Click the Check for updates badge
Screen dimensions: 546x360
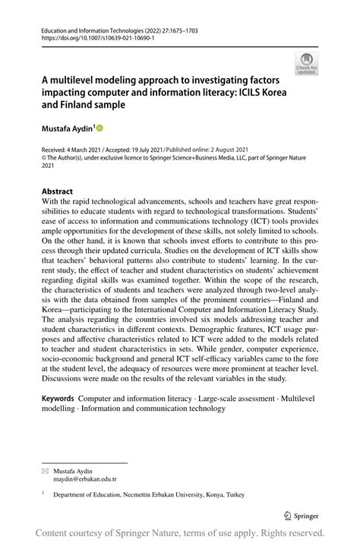pyautogui.click(x=305, y=64)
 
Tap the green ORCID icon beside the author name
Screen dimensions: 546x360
pyautogui.click(x=98, y=129)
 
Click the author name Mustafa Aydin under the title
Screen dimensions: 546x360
pyautogui.click(x=61, y=130)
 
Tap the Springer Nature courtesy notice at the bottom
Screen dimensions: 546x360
pyautogui.click(x=180, y=532)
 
